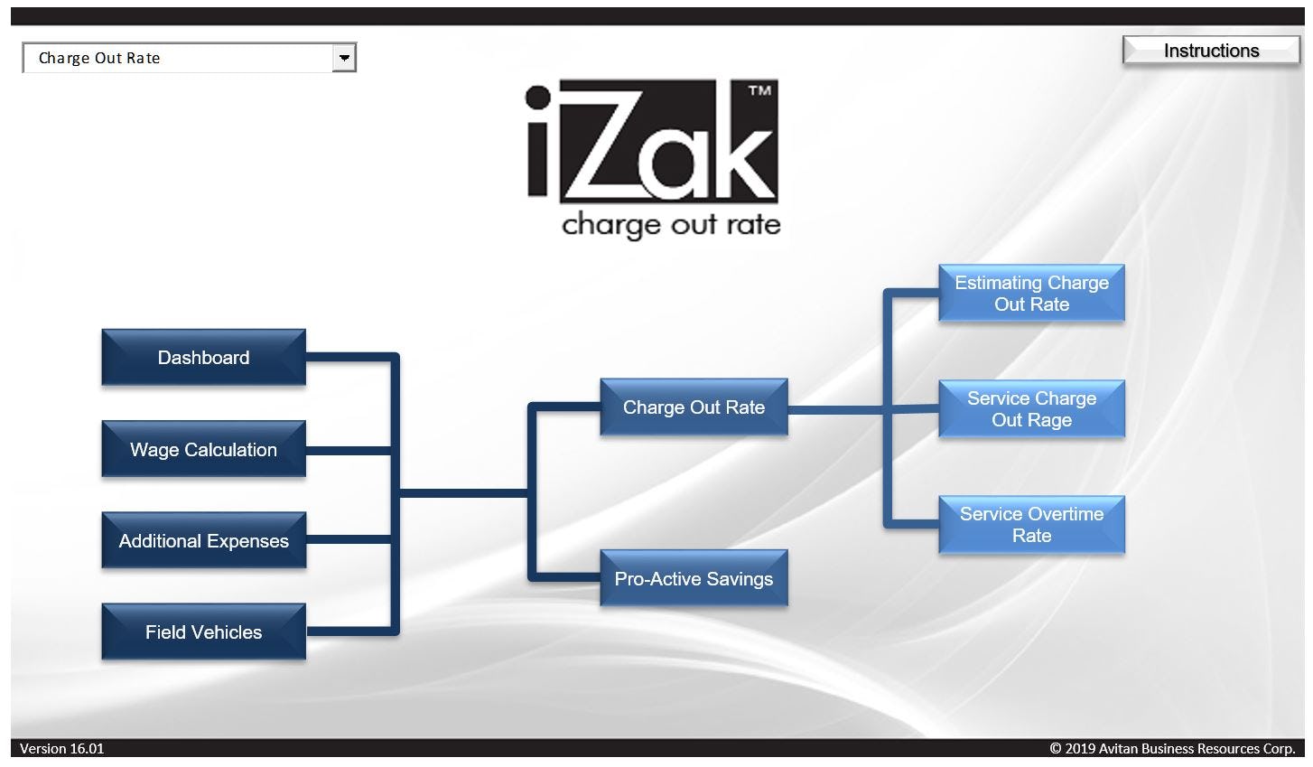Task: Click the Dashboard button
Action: [203, 358]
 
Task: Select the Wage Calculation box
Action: [203, 449]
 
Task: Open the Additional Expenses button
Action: [203, 540]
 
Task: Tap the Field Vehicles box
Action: [203, 631]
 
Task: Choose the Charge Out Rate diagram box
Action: [694, 407]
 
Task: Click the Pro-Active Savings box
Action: [694, 579]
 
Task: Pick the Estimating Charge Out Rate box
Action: [1031, 294]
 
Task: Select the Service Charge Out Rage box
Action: [1031, 409]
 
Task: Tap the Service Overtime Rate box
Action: [1031, 525]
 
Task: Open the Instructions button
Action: [1211, 51]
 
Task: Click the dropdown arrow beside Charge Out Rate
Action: [344, 58]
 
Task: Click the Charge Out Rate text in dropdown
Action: [99, 58]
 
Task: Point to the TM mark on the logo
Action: [760, 90]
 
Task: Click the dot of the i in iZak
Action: [538, 98]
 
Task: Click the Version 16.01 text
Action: [61, 748]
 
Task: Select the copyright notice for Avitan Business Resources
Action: [1171, 748]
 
